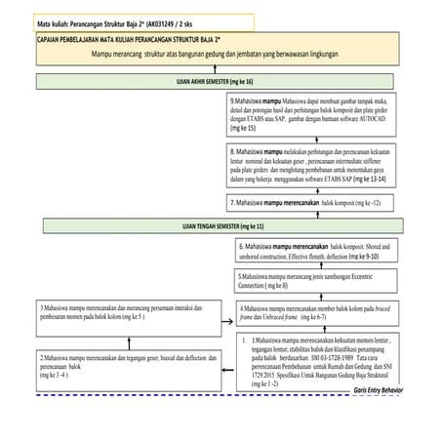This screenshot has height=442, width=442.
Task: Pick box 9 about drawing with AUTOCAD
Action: pos(312,114)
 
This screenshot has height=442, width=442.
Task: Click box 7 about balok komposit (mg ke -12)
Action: pos(312,202)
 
